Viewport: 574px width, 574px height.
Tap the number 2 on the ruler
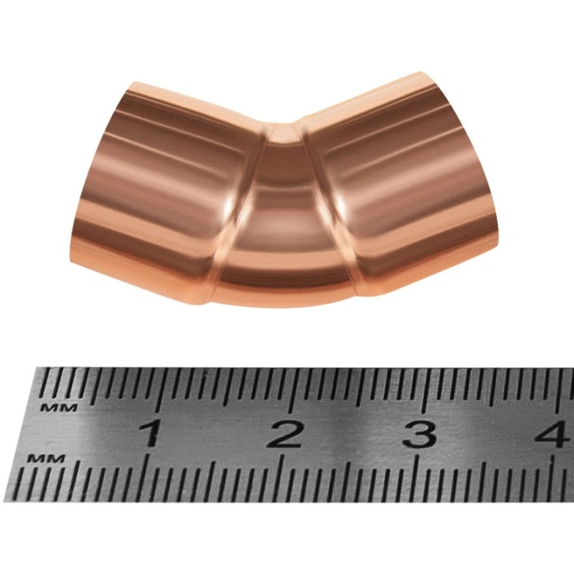pyautogui.click(x=284, y=433)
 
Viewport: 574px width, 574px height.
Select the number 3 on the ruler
pyautogui.click(x=419, y=434)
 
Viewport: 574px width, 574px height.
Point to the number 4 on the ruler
pyautogui.click(x=556, y=434)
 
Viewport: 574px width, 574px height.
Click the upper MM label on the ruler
pyautogui.click(x=59, y=407)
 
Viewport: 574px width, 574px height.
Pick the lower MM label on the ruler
pyautogui.click(x=48, y=458)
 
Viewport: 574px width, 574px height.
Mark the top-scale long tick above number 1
pyautogui.click(x=158, y=389)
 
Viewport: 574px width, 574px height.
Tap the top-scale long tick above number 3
pyautogui.click(x=424, y=390)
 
